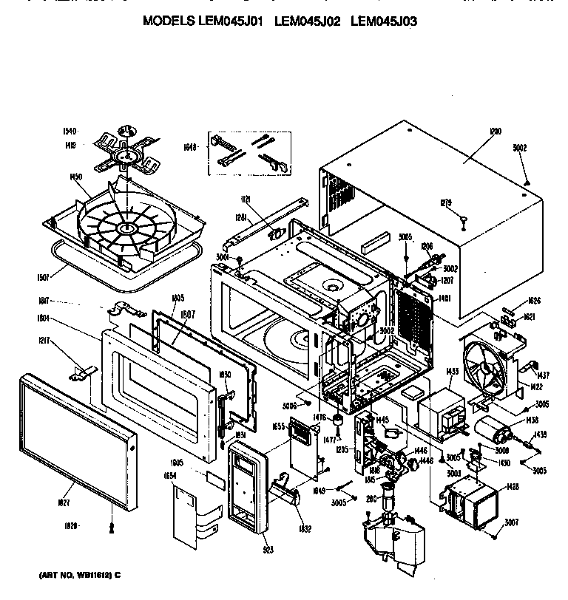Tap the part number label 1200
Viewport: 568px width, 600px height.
pos(495,132)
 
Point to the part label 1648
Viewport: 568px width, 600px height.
pos(190,148)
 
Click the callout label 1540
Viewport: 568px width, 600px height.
pos(70,132)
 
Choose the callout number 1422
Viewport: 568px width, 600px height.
pos(538,387)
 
